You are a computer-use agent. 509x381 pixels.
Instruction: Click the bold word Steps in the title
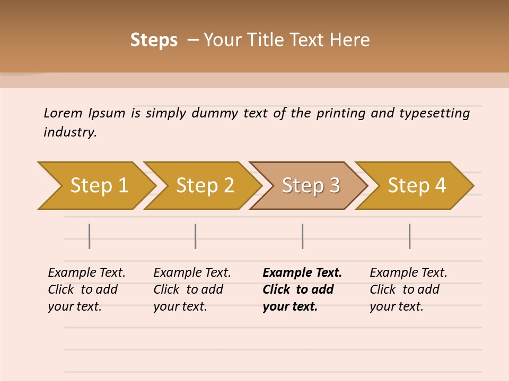click(x=154, y=40)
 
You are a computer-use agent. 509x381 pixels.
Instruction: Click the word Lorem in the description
click(x=63, y=113)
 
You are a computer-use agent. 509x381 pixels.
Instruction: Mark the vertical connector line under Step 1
click(x=90, y=236)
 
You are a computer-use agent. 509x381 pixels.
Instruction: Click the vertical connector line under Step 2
click(x=196, y=236)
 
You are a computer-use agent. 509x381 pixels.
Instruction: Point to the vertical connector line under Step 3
click(x=302, y=236)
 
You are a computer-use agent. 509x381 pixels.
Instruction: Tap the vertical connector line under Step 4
click(x=409, y=236)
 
